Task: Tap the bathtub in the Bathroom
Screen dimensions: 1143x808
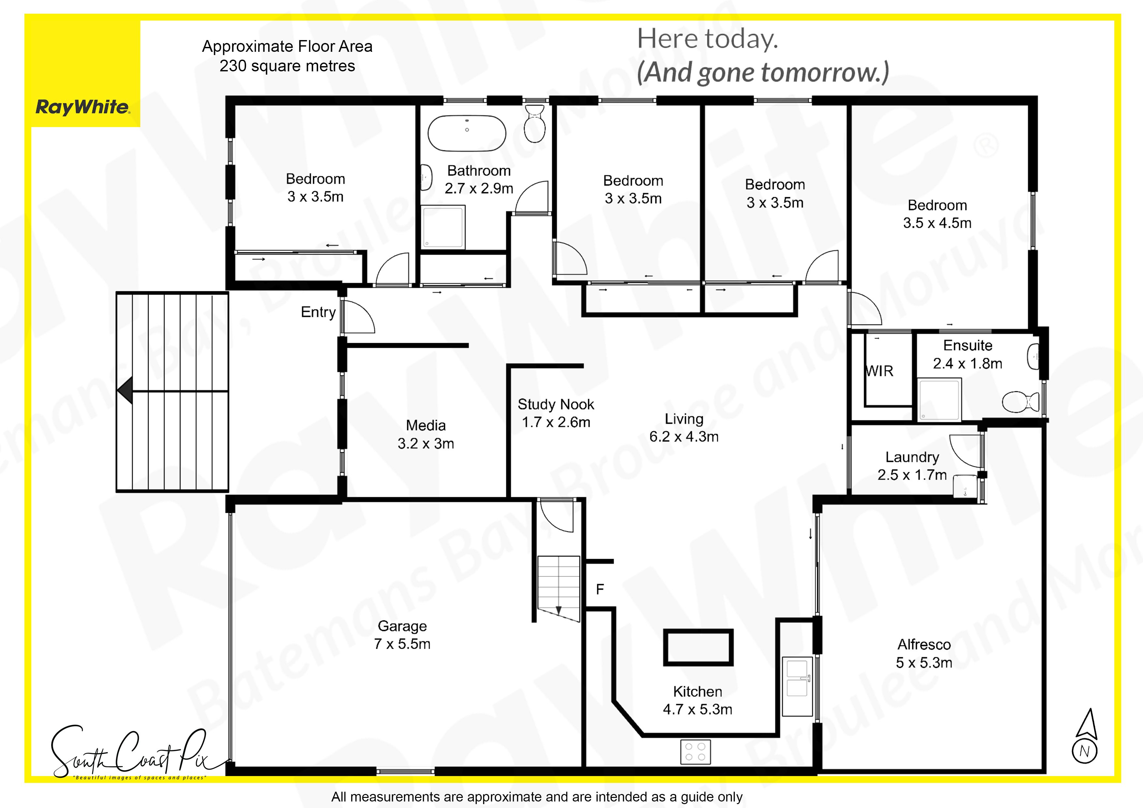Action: [467, 134]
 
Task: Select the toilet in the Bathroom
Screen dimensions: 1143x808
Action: [535, 123]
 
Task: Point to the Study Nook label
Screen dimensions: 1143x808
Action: [556, 413]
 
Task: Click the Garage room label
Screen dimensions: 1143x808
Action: [402, 635]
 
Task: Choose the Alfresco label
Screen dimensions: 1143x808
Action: [924, 654]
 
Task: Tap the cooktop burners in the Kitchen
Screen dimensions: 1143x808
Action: [695, 752]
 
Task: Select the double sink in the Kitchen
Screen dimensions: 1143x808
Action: [797, 686]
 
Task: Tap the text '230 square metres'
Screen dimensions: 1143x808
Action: [287, 66]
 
